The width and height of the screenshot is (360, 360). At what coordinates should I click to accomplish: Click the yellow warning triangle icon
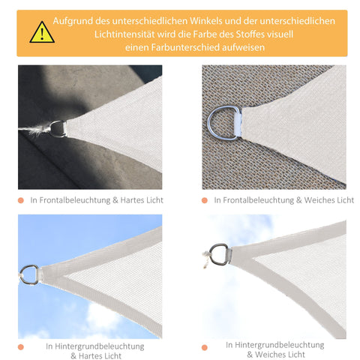click(42, 32)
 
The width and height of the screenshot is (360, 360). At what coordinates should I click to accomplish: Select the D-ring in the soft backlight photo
click(220, 254)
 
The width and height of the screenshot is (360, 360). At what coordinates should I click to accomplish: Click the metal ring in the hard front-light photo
click(58, 128)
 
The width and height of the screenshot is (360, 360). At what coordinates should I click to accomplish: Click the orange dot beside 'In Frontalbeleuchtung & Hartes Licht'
click(21, 200)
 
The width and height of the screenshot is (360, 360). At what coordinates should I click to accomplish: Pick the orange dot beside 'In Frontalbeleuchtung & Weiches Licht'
click(204, 200)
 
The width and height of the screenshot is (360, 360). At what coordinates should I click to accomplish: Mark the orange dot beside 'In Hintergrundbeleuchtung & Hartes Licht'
click(21, 347)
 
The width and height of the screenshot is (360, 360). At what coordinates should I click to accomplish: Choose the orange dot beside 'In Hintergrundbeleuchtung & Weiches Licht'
click(204, 347)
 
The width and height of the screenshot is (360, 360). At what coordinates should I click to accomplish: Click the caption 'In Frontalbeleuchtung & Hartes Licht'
click(97, 200)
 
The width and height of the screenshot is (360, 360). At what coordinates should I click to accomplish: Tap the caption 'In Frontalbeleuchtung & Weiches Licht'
click(283, 200)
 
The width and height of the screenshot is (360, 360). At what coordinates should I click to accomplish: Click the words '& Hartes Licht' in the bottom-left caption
click(94, 355)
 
